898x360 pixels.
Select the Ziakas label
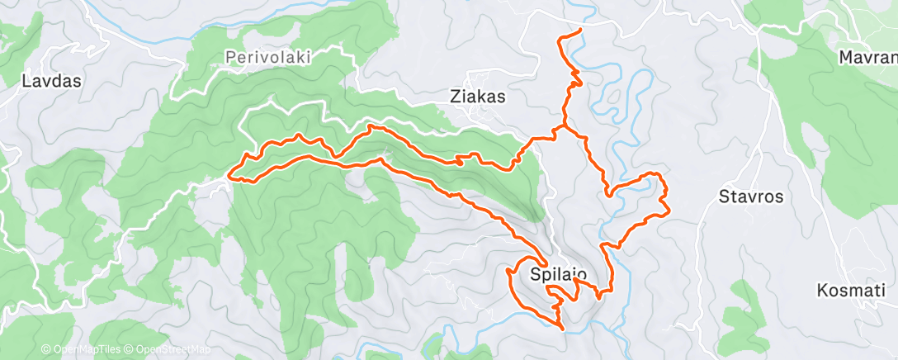pyautogui.click(x=478, y=96)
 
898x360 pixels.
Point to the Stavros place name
pyautogui.click(x=750, y=197)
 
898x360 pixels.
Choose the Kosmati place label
pyautogui.click(x=851, y=291)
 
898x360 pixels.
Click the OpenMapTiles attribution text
pyautogui.click(x=83, y=350)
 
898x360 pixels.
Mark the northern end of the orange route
pyautogui.click(x=581, y=30)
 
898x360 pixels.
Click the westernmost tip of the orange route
pyautogui.click(x=229, y=174)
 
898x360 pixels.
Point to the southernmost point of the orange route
pyautogui.click(x=563, y=329)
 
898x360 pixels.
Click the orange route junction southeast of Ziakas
pyautogui.click(x=562, y=128)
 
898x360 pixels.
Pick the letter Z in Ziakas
pyautogui.click(x=455, y=96)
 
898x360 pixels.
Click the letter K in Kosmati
pyautogui.click(x=821, y=291)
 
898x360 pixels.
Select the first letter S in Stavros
pyautogui.click(x=724, y=197)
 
